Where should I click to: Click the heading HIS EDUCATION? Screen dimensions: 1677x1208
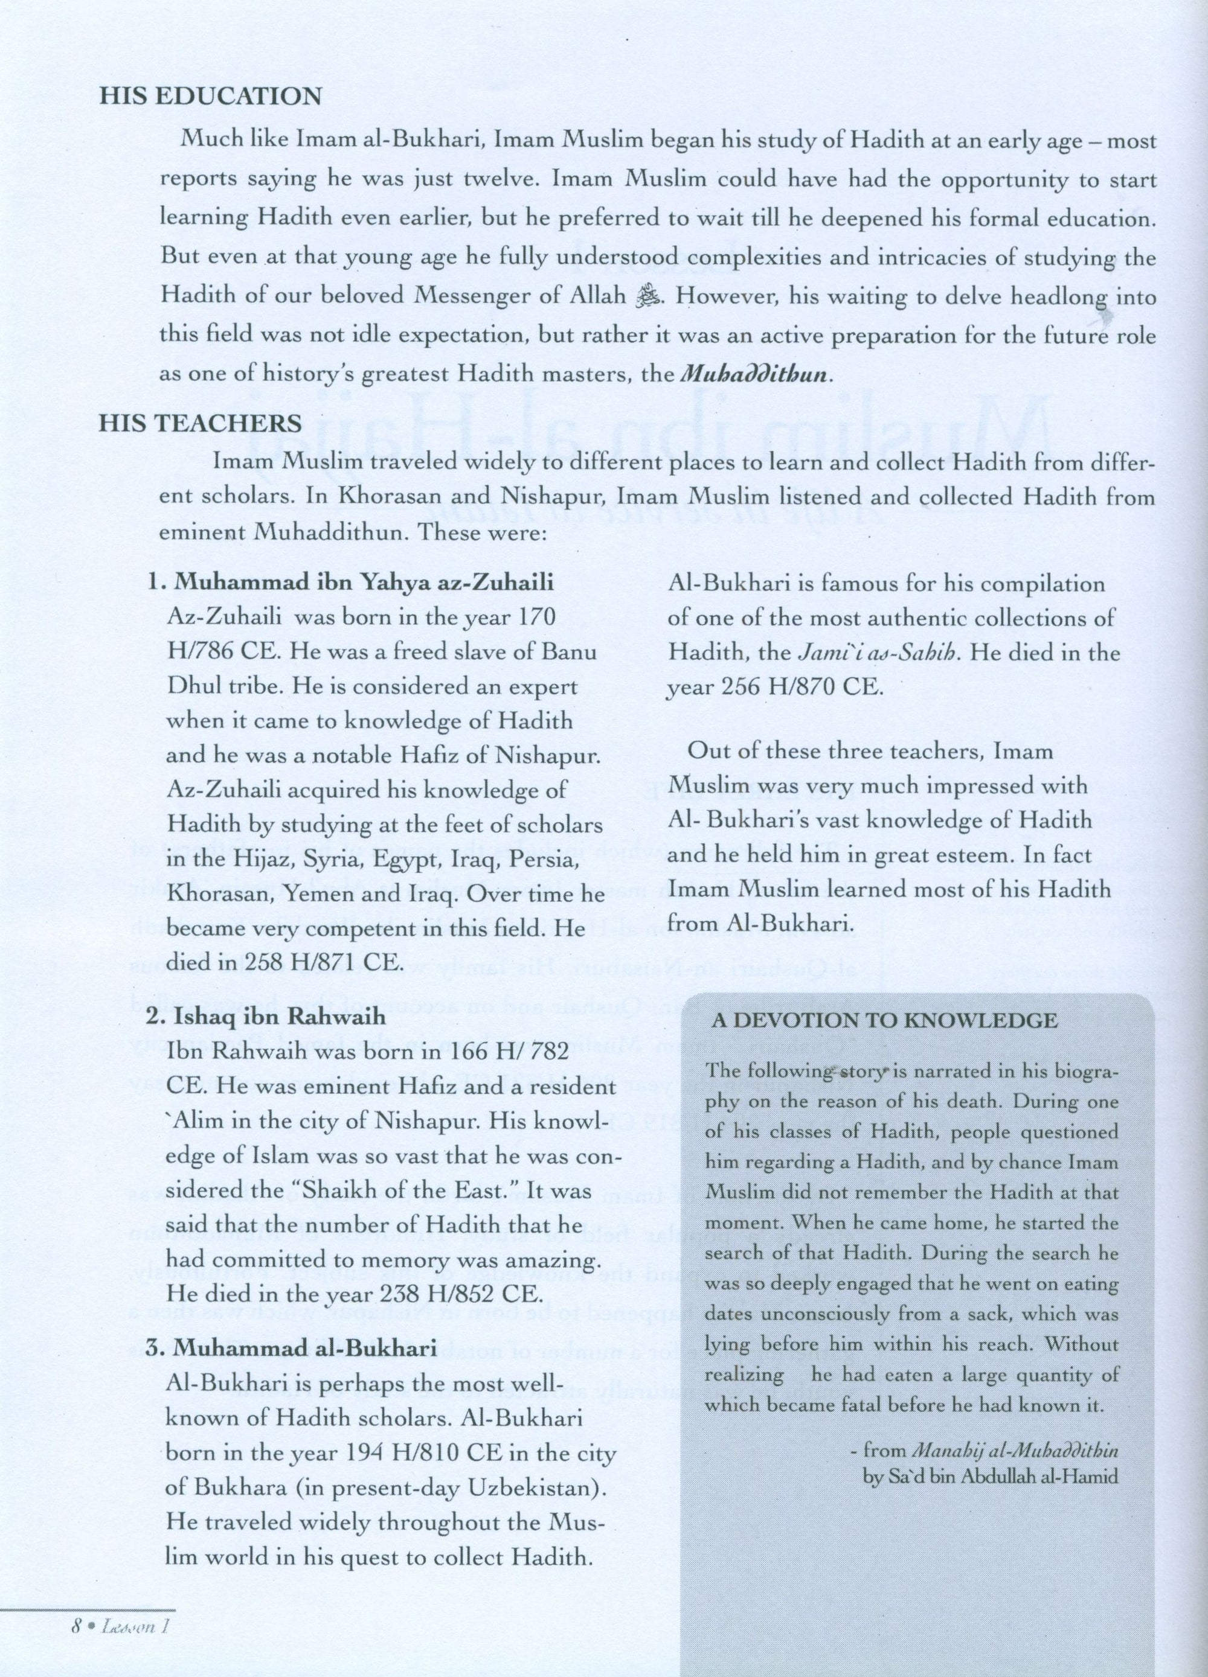211,96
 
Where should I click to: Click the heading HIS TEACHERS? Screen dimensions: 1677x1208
201,423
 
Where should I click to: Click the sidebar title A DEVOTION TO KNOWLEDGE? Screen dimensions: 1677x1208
884,1021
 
